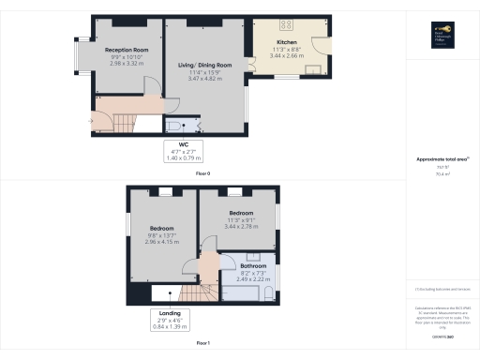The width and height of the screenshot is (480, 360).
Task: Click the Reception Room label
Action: (x=127, y=50)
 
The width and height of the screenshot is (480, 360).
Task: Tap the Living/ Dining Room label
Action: (x=203, y=65)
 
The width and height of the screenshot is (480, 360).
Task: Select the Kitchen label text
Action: (x=286, y=42)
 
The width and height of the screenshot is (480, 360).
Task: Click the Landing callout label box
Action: (x=170, y=319)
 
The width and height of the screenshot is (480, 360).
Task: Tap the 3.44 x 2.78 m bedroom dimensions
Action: (x=241, y=227)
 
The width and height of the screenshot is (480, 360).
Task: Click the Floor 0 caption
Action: (x=202, y=173)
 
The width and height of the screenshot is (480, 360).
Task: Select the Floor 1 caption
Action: (x=202, y=344)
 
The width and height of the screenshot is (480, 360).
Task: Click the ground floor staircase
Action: (x=120, y=120)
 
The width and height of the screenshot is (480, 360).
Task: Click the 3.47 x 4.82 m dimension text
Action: (x=203, y=80)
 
